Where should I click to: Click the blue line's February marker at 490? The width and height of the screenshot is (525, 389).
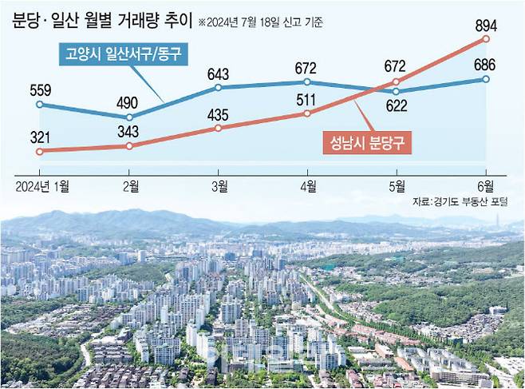[129, 117]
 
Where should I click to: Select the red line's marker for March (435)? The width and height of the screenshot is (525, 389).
[218, 128]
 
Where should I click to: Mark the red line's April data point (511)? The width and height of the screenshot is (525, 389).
[307, 114]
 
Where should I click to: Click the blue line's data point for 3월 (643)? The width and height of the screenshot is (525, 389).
[218, 87]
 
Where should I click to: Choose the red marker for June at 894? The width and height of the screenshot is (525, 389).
[485, 38]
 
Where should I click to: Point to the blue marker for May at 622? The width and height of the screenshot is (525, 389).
[397, 92]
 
